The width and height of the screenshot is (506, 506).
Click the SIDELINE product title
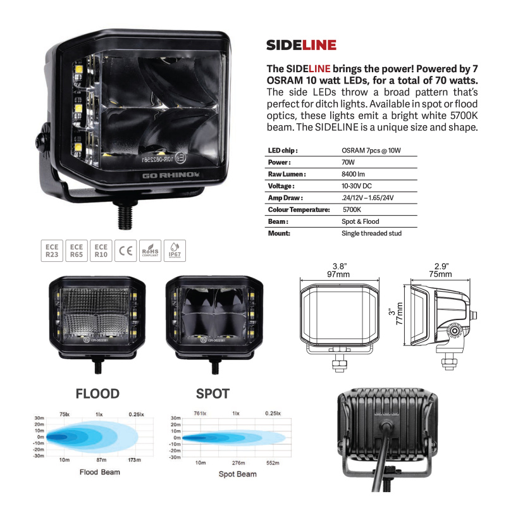pyautogui.click(x=301, y=45)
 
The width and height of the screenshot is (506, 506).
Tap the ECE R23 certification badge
pyautogui.click(x=51, y=251)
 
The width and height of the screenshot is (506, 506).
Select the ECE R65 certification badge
pyautogui.click(x=76, y=251)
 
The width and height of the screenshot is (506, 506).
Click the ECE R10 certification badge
pyautogui.click(x=101, y=251)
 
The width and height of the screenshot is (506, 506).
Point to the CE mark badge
pyautogui.click(x=125, y=251)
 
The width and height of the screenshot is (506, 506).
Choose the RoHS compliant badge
pyautogui.click(x=149, y=251)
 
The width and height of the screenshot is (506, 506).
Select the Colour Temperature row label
pyautogui.click(x=299, y=209)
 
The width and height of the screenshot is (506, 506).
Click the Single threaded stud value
pyautogui.click(x=371, y=233)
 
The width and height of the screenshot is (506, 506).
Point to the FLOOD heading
pyautogui.click(x=97, y=393)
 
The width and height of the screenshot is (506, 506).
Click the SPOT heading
pyautogui.click(x=213, y=393)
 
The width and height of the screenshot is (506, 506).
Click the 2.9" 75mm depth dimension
pyautogui.click(x=440, y=270)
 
